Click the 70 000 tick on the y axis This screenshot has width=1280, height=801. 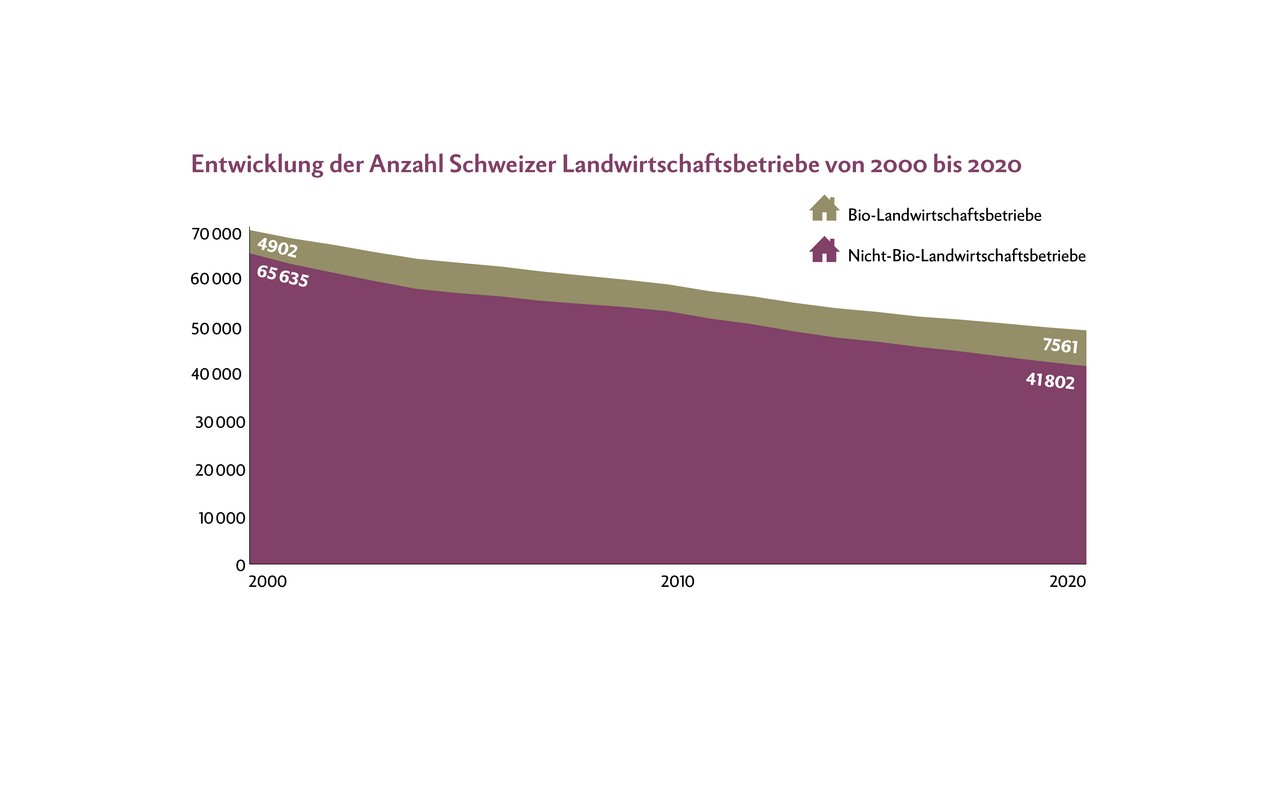coord(217,234)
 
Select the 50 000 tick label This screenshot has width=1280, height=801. coord(217,328)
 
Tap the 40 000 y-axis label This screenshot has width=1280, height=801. coord(217,374)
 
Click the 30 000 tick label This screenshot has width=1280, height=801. coord(217,422)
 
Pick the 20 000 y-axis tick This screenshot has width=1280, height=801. coord(217,470)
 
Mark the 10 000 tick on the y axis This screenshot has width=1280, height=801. coord(217,518)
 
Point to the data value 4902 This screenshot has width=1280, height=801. coord(277,247)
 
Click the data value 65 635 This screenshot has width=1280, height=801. coord(283,276)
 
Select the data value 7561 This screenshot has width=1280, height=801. coord(1060,345)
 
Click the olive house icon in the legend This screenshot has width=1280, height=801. coord(823,208)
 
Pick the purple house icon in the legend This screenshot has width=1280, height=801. coord(823,249)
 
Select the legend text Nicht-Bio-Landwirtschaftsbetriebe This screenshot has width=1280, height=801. coord(966,256)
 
